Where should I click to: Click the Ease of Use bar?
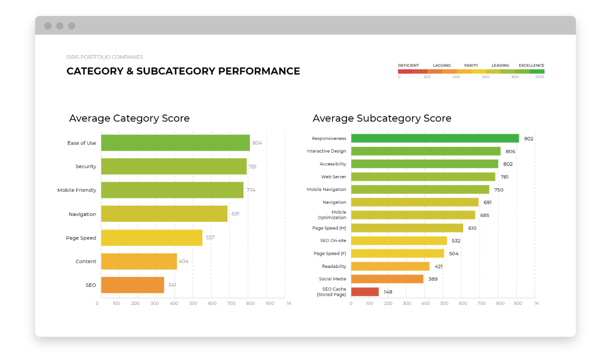coord(175,143)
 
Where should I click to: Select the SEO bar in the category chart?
coord(132,285)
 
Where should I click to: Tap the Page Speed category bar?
coord(151,238)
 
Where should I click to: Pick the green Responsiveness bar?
coord(435,139)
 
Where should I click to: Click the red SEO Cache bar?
coord(365,292)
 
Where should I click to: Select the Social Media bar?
coord(387,279)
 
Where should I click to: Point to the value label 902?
coord(528,139)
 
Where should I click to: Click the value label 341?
coord(172,285)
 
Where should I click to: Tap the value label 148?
coord(388,292)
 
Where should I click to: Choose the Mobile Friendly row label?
coord(77,190)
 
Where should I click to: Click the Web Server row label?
coord(333,177)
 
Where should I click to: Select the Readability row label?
coord(334,266)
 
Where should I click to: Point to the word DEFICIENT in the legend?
coord(408,66)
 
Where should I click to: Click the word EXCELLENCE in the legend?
coord(531,66)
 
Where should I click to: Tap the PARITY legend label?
coord(471,66)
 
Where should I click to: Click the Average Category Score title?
coord(129,118)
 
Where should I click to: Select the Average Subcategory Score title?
coord(382,118)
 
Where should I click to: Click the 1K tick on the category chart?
coord(289,303)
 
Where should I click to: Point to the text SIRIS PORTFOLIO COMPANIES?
coord(104,57)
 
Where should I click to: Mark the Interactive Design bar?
coord(425,151)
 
